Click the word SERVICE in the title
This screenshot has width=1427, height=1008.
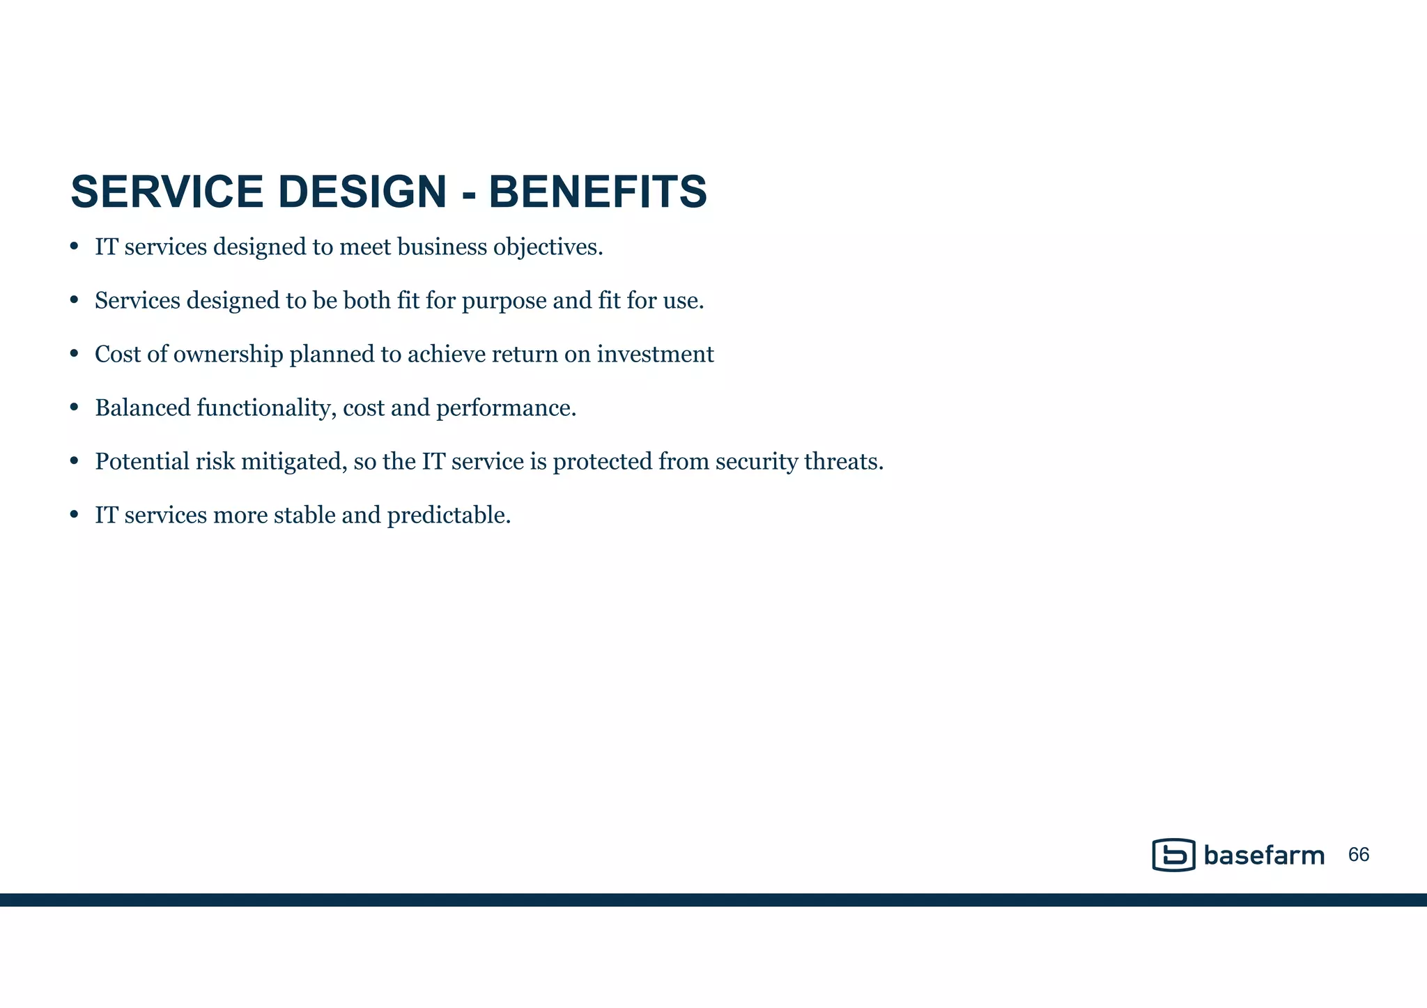[x=167, y=192]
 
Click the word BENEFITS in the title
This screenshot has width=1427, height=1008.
[x=598, y=192]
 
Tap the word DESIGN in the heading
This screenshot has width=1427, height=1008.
[x=362, y=192]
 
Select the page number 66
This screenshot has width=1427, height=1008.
[x=1359, y=855]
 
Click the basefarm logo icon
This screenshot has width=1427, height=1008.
[x=1173, y=855]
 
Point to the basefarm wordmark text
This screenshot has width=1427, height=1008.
[x=1264, y=855]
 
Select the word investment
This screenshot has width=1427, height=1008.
[x=655, y=355]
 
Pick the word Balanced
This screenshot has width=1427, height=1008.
[x=143, y=408]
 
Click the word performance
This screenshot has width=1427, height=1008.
[x=506, y=408]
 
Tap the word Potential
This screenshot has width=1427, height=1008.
[x=142, y=462]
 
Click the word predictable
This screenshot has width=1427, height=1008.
[x=449, y=515]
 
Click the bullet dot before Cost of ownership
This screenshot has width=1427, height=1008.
[x=75, y=354]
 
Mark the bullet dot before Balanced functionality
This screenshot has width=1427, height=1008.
[x=75, y=408]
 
